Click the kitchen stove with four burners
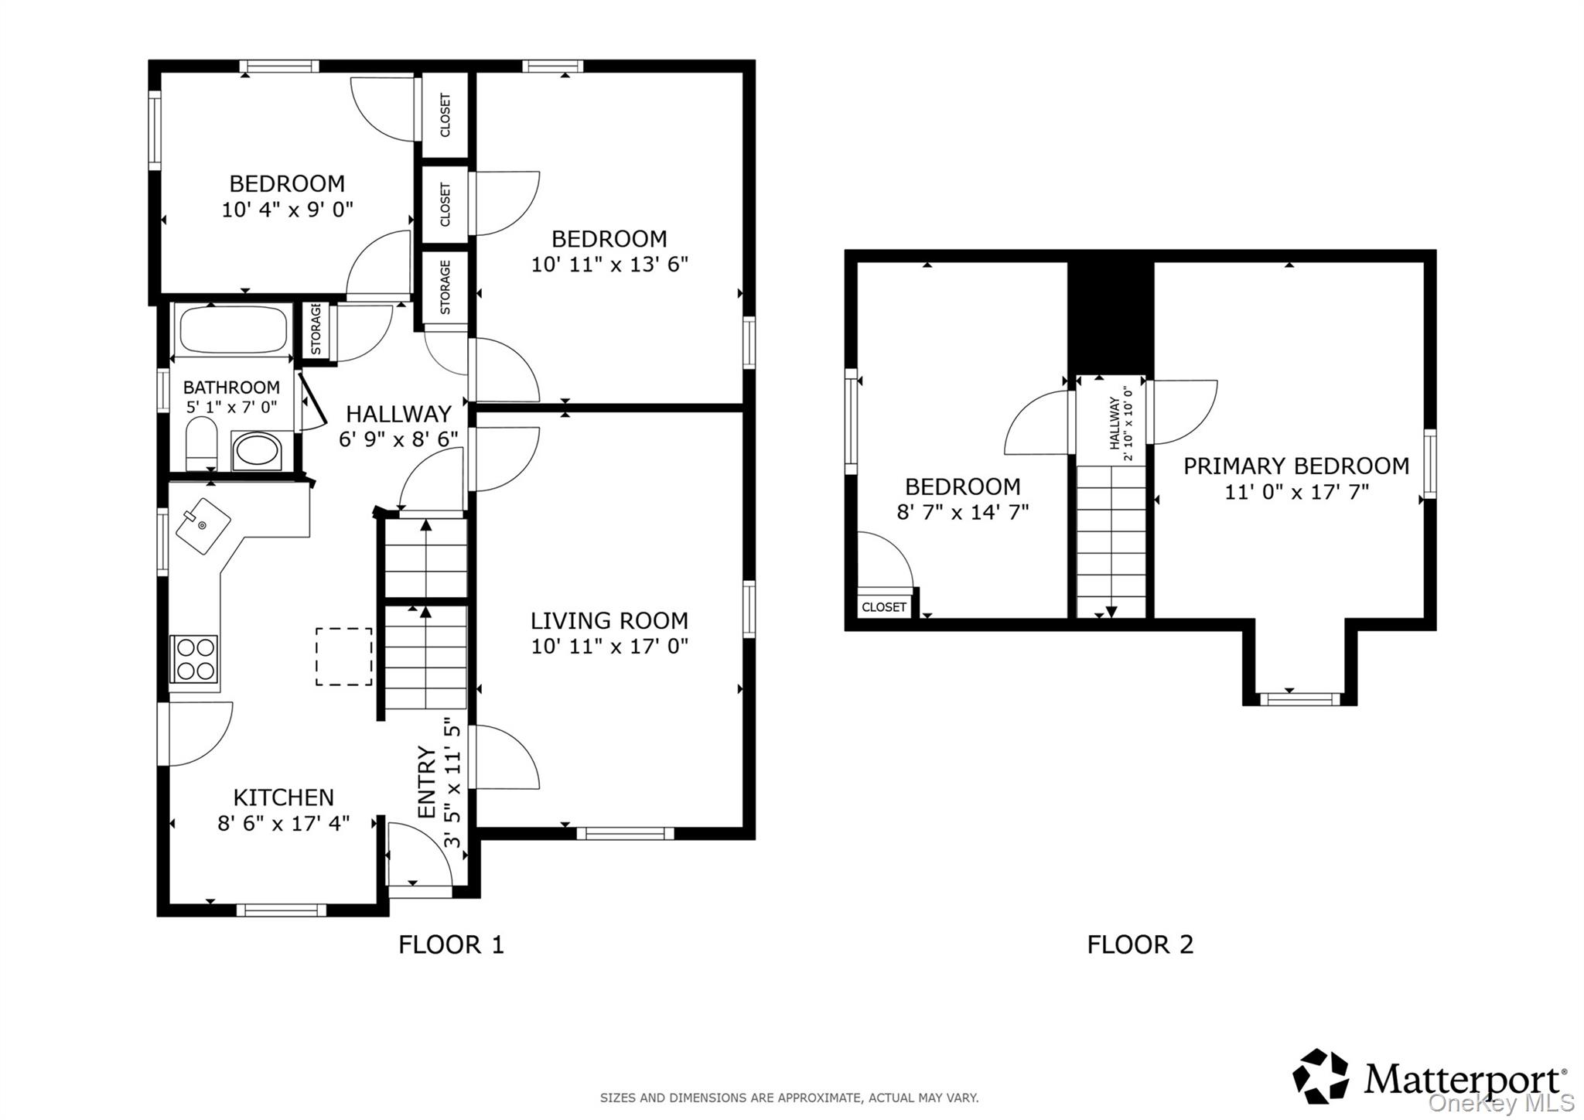point(194,658)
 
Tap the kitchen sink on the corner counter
point(203,526)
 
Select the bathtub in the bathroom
point(233,330)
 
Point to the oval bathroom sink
point(258,451)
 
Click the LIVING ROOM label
point(609,620)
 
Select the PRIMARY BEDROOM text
point(1296,466)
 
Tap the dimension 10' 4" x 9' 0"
point(287,210)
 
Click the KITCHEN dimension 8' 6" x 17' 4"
point(283,823)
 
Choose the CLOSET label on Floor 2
point(883,607)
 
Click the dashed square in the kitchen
point(343,657)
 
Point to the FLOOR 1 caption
point(451,944)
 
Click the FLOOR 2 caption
point(1140,944)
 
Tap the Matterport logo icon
point(1320,1076)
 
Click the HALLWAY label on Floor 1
point(398,414)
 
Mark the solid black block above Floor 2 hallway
point(1111,317)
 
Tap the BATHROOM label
point(231,387)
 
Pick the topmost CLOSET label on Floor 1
point(445,115)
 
